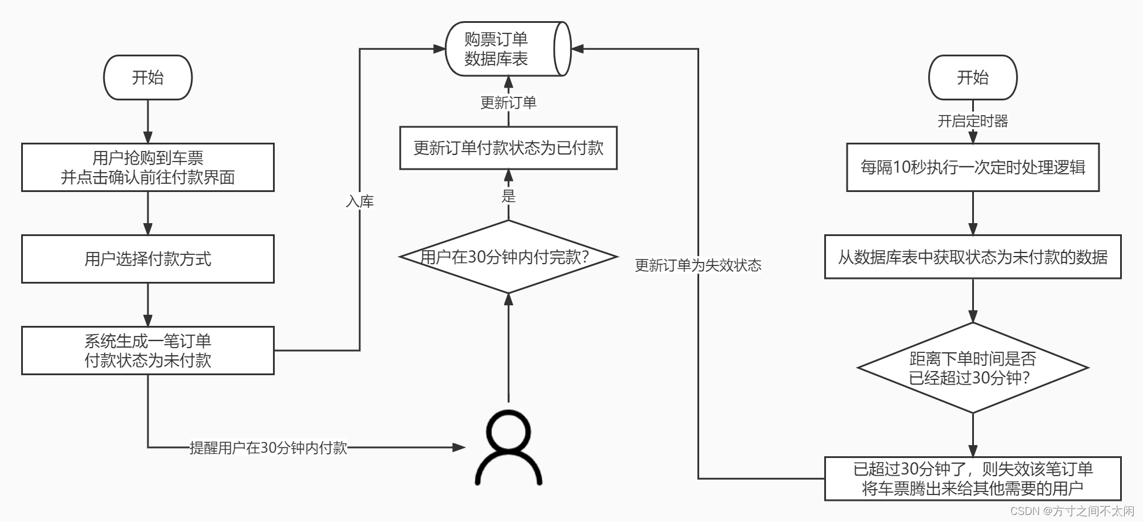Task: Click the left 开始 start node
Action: point(147,78)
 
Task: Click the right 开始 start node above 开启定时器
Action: point(972,78)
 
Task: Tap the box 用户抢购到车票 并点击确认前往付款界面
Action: point(147,167)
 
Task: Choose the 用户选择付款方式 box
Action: point(147,259)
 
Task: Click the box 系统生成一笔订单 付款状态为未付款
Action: point(147,351)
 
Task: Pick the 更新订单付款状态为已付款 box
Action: point(508,148)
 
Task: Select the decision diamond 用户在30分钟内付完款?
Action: point(508,257)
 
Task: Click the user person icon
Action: point(508,447)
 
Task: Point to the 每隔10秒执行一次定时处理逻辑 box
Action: point(972,167)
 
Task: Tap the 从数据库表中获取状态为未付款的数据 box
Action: point(972,257)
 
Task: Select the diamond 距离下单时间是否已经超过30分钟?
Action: point(972,368)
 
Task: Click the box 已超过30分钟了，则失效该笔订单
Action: point(972,479)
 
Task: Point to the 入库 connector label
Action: point(360,201)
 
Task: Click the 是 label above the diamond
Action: point(508,196)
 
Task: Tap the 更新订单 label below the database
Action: point(508,103)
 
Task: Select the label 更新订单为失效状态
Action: point(698,265)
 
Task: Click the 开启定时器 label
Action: point(972,121)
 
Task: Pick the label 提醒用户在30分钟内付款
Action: point(268,448)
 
